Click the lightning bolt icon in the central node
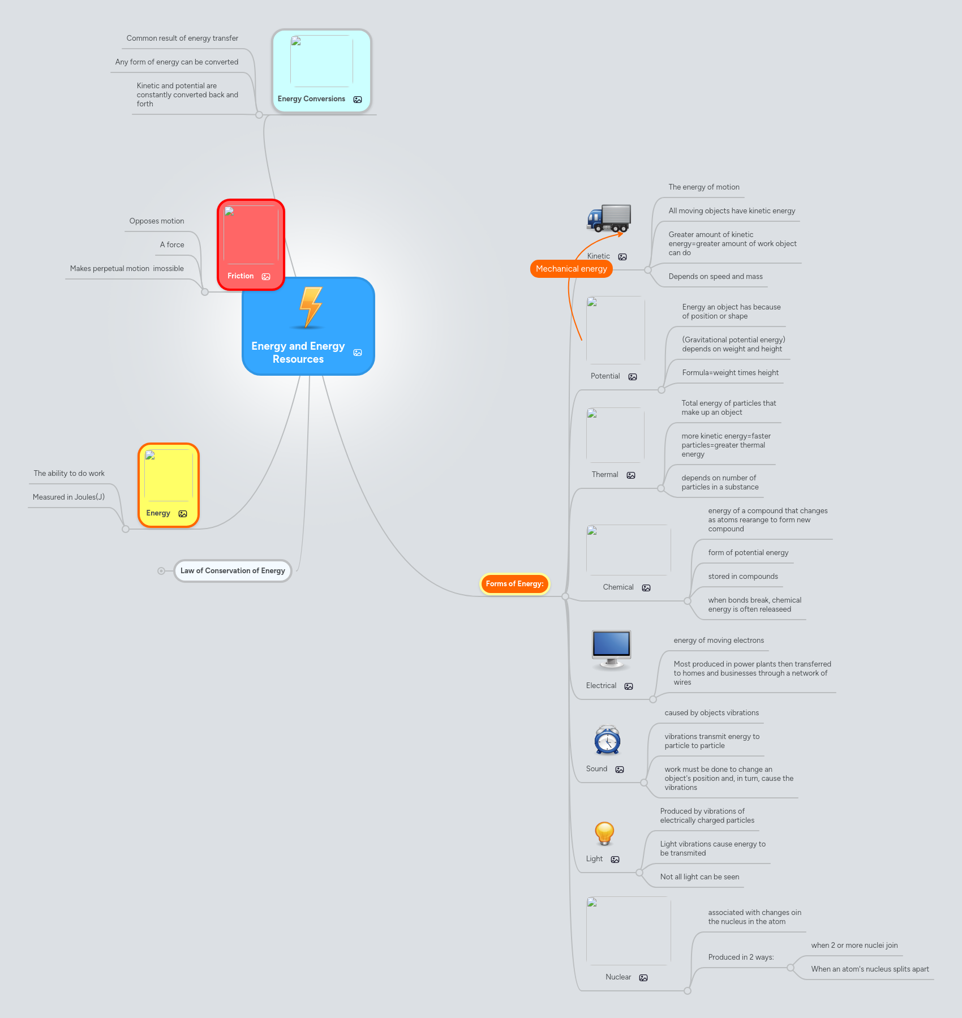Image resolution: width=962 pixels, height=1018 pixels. [x=311, y=307]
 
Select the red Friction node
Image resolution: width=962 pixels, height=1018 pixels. [x=251, y=245]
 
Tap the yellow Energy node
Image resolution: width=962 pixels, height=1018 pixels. [x=169, y=485]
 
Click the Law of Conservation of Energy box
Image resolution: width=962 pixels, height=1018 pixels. [x=233, y=570]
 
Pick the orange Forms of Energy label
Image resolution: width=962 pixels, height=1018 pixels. [x=514, y=583]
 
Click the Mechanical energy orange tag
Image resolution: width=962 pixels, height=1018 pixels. [x=571, y=269]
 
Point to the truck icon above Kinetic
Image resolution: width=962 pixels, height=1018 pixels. [x=609, y=218]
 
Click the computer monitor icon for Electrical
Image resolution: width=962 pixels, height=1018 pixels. [x=611, y=648]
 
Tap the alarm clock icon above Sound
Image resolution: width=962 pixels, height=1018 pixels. [x=607, y=740]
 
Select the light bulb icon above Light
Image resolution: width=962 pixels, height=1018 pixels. [x=604, y=834]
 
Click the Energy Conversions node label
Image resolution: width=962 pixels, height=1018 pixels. [x=311, y=99]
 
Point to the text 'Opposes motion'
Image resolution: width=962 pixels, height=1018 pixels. [x=157, y=221]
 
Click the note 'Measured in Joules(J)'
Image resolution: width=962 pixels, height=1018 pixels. [x=68, y=497]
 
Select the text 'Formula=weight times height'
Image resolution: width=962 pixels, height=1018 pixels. [x=730, y=373]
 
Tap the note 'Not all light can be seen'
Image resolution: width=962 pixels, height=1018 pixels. [x=699, y=877]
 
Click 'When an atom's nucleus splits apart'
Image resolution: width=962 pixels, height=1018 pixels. [x=870, y=969]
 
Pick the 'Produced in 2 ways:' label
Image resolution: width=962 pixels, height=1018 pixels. [x=741, y=957]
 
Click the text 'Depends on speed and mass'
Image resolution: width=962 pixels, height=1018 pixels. [x=715, y=277]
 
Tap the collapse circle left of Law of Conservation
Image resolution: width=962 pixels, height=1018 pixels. [x=161, y=571]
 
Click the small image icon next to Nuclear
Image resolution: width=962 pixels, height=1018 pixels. [x=643, y=978]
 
